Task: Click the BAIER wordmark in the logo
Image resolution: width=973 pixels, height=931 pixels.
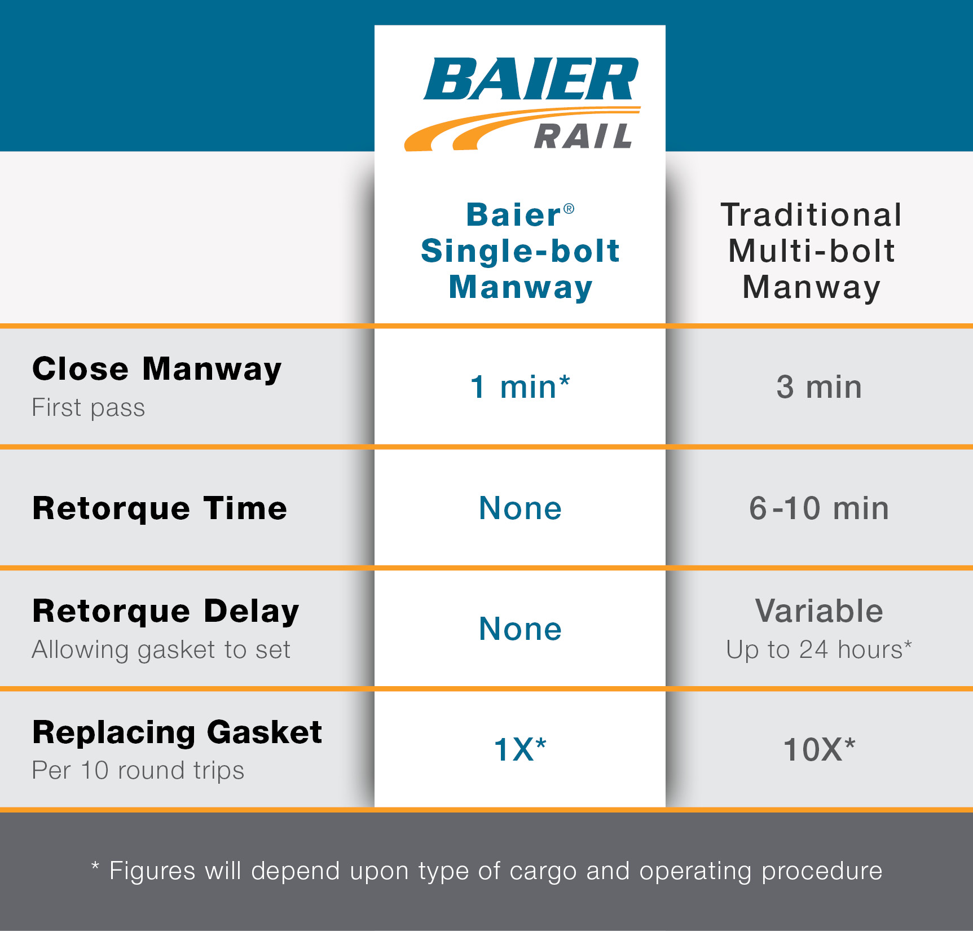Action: point(531,78)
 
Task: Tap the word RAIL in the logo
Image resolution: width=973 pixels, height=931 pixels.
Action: point(583,136)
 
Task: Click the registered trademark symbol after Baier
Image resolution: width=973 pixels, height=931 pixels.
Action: point(569,209)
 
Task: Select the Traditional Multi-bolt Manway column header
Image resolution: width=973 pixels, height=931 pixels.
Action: point(811,251)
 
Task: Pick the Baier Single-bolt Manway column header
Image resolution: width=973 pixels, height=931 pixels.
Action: point(520,251)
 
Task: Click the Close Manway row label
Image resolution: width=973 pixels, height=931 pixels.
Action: point(157,369)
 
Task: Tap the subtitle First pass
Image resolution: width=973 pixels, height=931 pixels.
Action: point(89,407)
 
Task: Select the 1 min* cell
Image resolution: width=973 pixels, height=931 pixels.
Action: point(520,387)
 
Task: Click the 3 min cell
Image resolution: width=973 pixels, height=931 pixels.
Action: point(819,387)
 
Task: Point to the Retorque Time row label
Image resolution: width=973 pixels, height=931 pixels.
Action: point(160,508)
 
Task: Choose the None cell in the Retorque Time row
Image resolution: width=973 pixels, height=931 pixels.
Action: point(520,508)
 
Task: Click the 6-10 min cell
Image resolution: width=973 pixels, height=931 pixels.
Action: point(819,508)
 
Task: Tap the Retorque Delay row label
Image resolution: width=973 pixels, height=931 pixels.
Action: point(166,611)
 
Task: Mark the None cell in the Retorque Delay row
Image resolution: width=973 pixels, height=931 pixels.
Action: point(520,629)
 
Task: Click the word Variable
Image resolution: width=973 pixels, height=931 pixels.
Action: point(819,611)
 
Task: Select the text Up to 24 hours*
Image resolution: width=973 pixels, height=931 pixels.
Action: point(819,649)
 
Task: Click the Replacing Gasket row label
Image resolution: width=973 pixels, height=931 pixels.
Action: point(177,732)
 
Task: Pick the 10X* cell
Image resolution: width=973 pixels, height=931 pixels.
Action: point(819,749)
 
